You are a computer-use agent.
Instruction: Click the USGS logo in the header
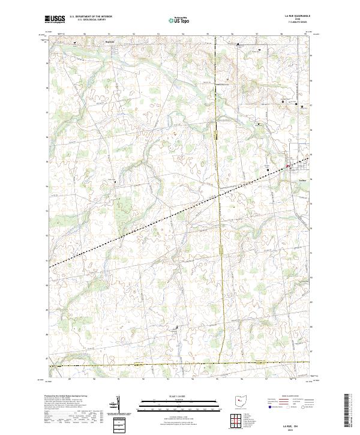[x=55, y=19]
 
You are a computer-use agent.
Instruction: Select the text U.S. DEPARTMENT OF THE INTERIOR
[x=89, y=17]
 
